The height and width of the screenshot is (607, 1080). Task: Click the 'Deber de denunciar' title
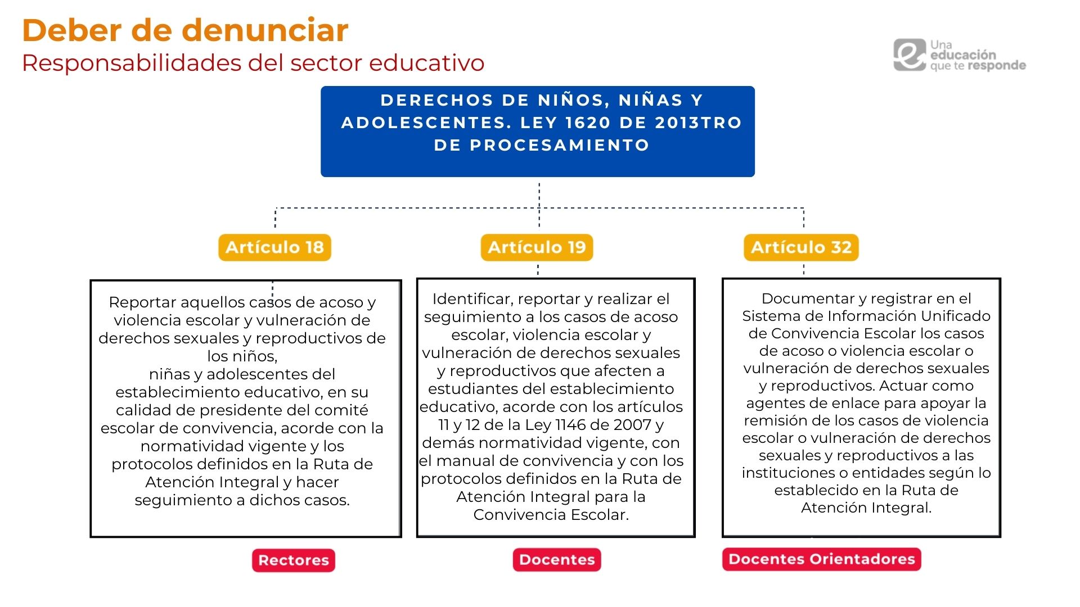(185, 30)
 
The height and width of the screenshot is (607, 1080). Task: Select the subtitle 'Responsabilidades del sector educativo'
(253, 63)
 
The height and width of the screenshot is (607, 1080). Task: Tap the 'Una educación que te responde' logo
(959, 55)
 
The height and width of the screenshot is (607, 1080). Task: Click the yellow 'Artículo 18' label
(274, 247)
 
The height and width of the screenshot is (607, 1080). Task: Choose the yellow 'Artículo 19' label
(537, 247)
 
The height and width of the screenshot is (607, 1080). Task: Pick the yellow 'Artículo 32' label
(801, 247)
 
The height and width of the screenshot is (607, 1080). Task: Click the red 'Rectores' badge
(294, 560)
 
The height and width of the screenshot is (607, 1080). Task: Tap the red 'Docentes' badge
(557, 560)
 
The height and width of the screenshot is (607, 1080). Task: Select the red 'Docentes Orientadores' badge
(822, 559)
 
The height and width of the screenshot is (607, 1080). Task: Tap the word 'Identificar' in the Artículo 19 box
(472, 299)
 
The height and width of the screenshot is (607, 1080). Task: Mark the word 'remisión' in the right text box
(777, 420)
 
